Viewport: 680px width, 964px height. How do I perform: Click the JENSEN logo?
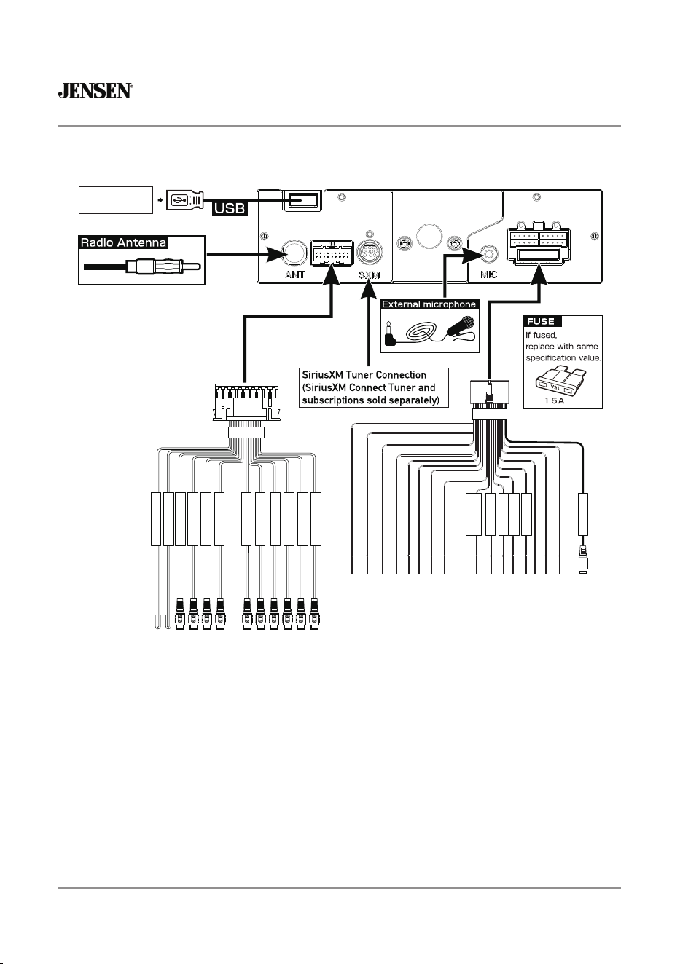[x=95, y=90]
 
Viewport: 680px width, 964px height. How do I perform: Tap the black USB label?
[x=230, y=208]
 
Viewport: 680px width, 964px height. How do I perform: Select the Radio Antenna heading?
[x=123, y=242]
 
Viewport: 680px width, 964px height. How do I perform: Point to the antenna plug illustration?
[x=142, y=266]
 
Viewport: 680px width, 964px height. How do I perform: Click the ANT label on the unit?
[x=294, y=274]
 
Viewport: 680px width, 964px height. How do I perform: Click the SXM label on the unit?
[x=370, y=275]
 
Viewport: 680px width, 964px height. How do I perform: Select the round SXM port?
[x=369, y=252]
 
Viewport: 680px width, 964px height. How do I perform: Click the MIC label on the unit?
[x=488, y=274]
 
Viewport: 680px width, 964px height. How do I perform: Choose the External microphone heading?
[x=429, y=304]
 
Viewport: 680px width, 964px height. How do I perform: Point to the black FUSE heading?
[x=542, y=322]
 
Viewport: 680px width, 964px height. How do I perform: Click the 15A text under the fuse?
[x=554, y=400]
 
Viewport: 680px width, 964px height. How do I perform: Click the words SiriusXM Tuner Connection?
[x=364, y=375]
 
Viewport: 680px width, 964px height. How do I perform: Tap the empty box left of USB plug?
[x=116, y=200]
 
